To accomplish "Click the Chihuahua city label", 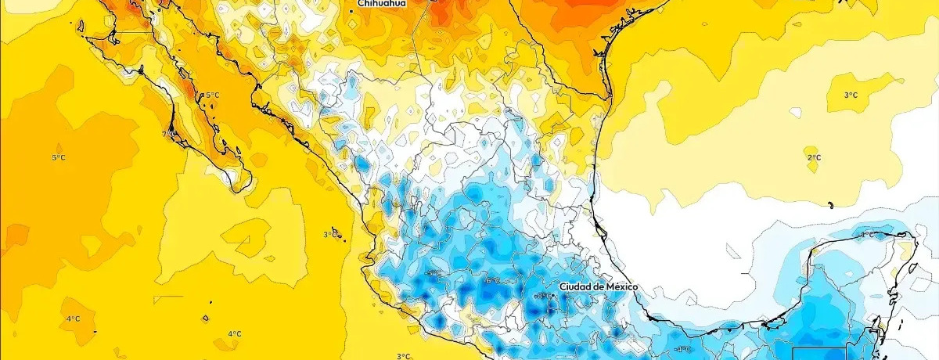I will (381, 4).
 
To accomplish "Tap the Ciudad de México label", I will (599, 287).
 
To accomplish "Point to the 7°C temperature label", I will (167, 134).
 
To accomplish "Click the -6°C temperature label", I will (492, 280).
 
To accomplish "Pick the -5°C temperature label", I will (433, 273).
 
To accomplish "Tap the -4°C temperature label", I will (683, 349).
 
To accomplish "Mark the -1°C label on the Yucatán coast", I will (866, 235).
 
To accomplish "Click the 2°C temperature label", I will (814, 157).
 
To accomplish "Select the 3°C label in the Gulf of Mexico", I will (850, 95).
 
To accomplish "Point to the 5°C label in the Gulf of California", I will (211, 95).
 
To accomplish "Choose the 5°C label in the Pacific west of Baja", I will (59, 157).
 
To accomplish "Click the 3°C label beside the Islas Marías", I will (330, 235).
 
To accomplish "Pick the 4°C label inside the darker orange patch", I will (73, 319).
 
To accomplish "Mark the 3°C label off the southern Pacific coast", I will (402, 356).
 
